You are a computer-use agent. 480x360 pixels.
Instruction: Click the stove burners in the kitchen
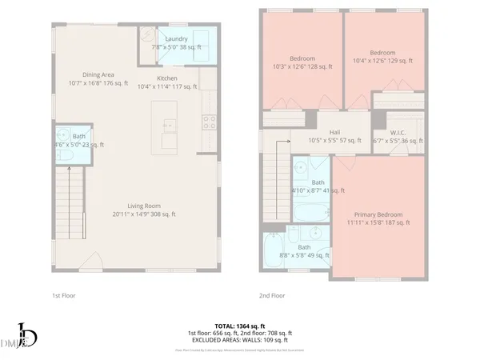209,122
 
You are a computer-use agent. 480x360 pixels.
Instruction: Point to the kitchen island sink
169,125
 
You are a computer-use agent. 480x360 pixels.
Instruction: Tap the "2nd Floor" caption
272,295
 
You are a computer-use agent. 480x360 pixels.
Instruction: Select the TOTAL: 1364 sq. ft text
240,325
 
